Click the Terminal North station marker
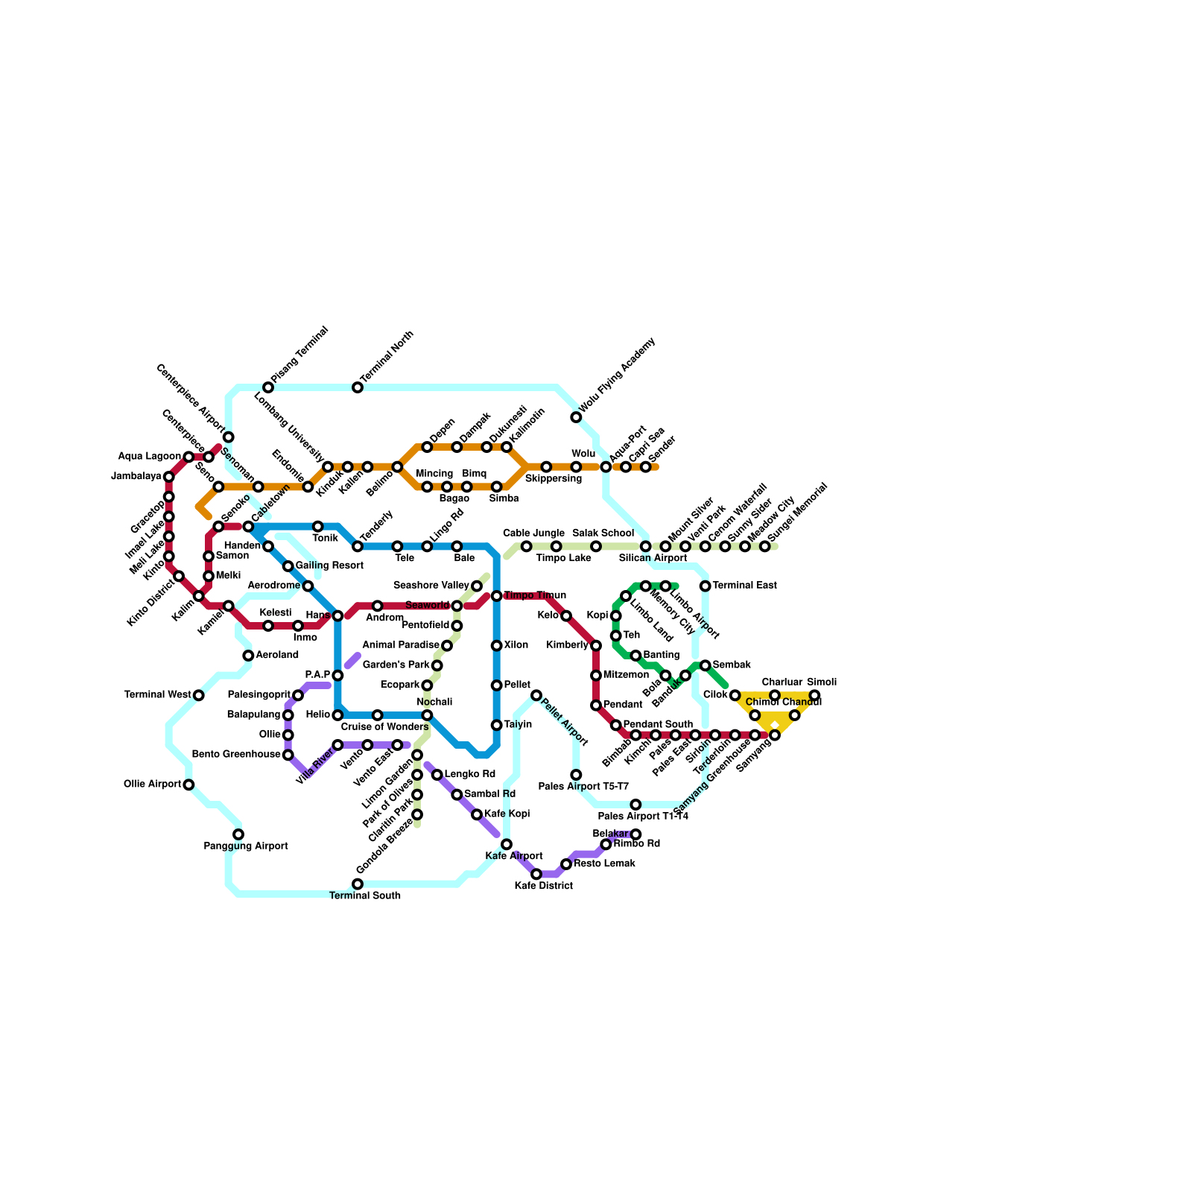point(358,387)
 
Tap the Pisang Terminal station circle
point(268,387)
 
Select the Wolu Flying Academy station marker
point(576,417)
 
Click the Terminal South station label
point(365,895)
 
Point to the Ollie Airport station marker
point(188,784)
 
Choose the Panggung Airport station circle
point(238,834)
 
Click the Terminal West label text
point(158,695)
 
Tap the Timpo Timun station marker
point(496,596)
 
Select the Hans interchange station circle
point(337,615)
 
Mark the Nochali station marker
point(427,715)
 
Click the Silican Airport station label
point(653,558)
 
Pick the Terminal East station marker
point(705,586)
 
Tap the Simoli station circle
point(814,695)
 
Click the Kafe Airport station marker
point(507,844)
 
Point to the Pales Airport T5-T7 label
point(583,787)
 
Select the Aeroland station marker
point(248,656)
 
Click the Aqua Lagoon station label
point(149,457)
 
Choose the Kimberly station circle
point(596,645)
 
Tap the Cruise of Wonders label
point(384,727)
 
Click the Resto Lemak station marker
point(566,864)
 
